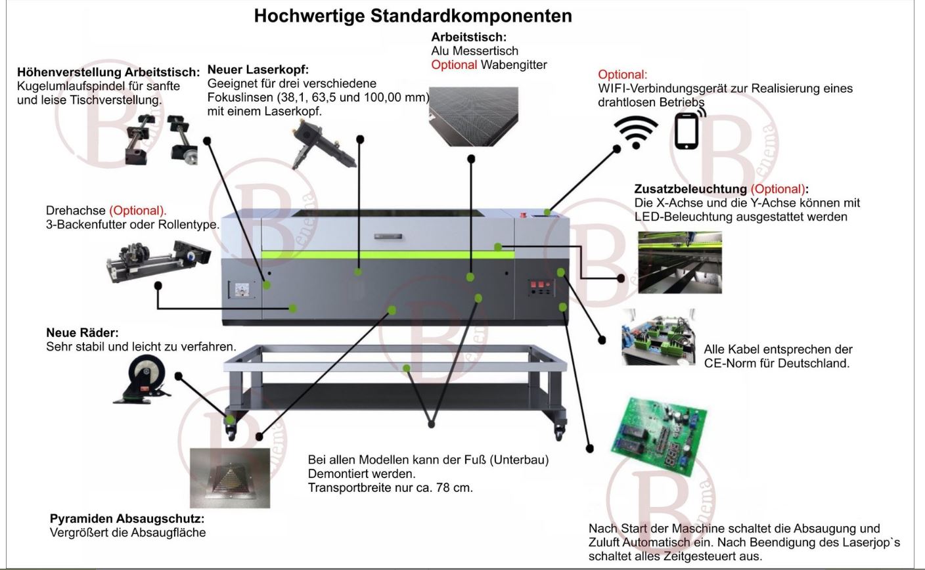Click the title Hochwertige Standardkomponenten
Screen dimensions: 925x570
413,16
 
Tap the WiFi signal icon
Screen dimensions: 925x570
635,132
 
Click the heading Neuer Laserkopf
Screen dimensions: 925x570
258,70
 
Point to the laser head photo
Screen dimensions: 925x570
323,144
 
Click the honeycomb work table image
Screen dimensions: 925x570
473,116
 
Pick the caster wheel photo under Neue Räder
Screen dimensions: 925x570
143,380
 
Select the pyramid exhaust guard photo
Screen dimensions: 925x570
230,478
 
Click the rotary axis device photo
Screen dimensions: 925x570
158,261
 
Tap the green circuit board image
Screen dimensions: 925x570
659,436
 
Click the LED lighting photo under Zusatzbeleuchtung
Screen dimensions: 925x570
680,263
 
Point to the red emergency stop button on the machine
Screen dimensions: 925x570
524,214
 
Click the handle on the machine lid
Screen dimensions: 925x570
388,236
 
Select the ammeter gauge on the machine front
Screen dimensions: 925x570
240,290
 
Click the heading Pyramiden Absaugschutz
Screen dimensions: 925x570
127,518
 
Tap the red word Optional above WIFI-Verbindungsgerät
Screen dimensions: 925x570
622,75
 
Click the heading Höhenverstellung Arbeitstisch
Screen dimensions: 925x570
108,72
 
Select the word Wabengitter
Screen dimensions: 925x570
514,65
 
